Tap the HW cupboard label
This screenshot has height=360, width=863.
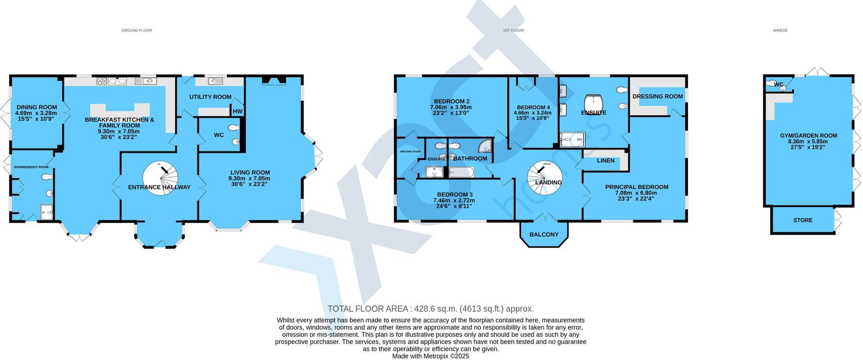click(237, 111)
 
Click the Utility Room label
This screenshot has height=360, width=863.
click(210, 97)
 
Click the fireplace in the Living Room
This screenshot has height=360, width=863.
click(274, 81)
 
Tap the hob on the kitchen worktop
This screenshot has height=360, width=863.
click(102, 81)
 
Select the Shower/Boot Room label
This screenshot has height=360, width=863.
click(31, 167)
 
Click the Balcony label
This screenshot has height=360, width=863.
click(544, 234)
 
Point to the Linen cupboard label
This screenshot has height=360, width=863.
click(605, 161)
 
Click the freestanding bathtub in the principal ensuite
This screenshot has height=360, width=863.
click(593, 104)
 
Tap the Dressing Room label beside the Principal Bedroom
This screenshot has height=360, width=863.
click(657, 96)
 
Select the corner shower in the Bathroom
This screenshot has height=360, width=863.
click(485, 146)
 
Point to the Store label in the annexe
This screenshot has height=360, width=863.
click(802, 220)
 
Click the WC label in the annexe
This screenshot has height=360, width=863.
click(778, 84)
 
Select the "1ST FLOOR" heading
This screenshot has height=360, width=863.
click(513, 30)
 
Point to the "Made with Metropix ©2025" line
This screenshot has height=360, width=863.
click(430, 356)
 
